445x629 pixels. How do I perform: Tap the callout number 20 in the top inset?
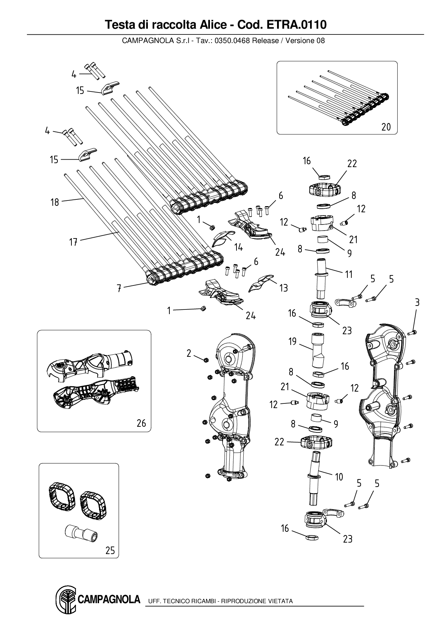386,127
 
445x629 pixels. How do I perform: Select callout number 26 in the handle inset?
141,423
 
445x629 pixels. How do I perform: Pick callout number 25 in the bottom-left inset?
110,550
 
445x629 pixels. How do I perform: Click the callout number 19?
293,341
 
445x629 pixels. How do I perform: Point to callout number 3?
417,302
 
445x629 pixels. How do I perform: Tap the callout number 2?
189,353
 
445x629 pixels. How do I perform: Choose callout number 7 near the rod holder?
119,288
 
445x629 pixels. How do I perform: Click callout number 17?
73,242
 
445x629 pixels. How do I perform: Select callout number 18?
55,202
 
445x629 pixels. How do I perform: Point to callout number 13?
284,288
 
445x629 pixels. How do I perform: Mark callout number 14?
238,247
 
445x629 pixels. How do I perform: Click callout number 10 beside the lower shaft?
339,477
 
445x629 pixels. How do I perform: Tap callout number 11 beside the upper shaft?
348,275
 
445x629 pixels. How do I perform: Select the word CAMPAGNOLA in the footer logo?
108,599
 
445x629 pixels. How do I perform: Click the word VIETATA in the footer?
280,601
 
